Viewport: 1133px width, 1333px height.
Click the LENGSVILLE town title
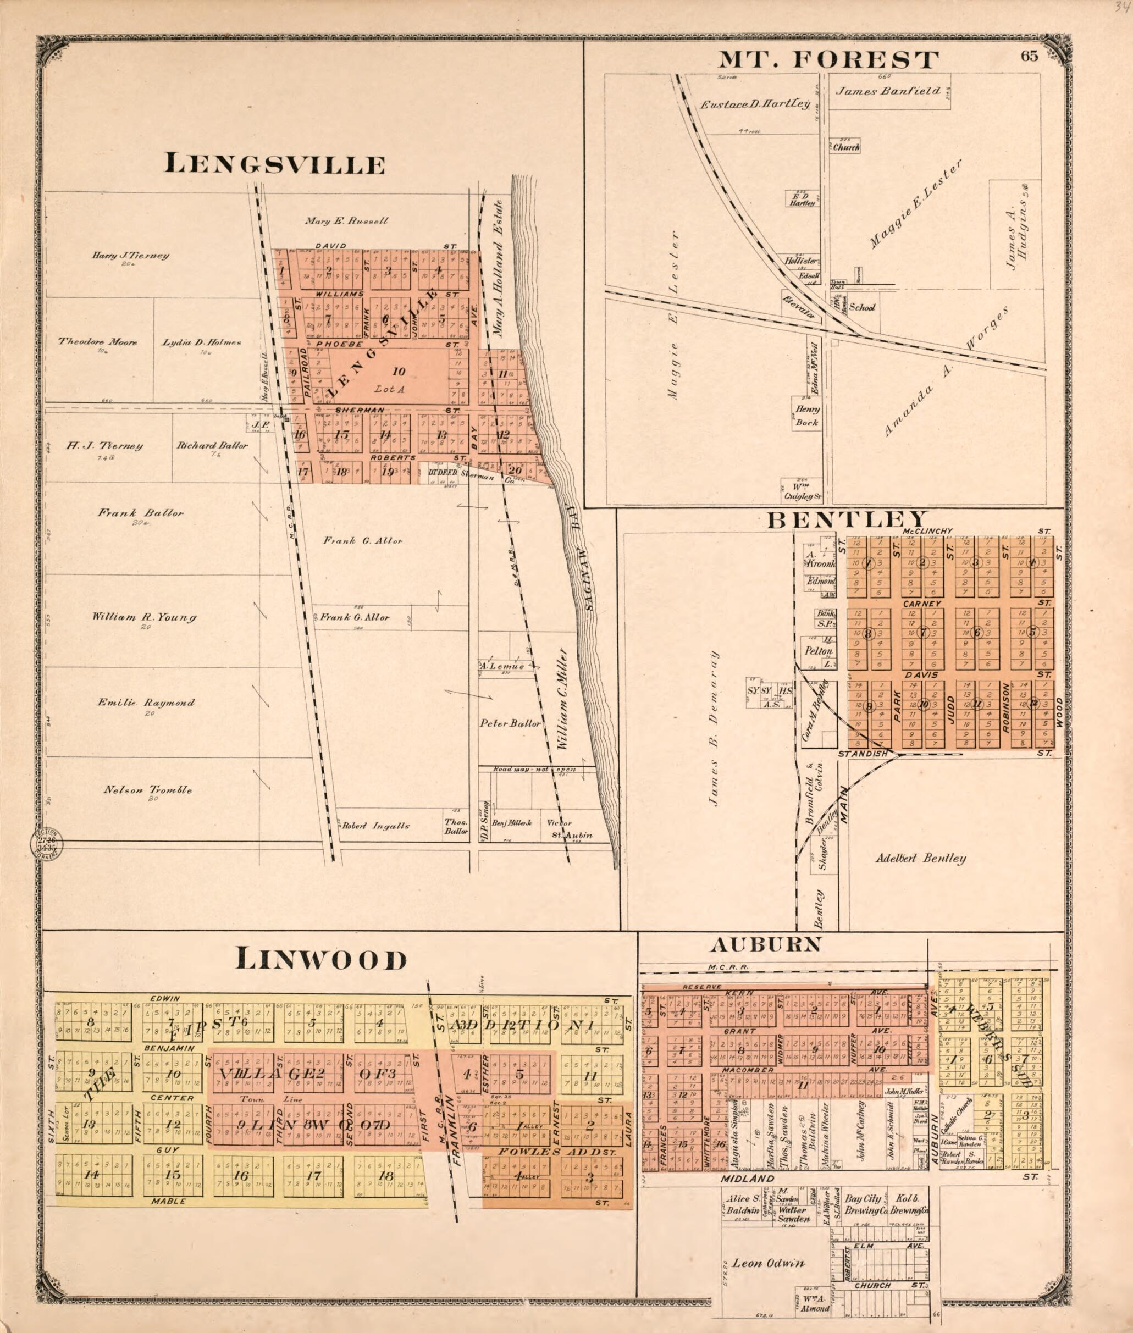(275, 165)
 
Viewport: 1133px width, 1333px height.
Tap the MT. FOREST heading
(828, 60)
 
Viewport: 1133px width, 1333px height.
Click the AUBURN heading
(766, 944)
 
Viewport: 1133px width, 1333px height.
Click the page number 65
(1029, 57)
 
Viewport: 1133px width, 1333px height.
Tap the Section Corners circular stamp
(45, 849)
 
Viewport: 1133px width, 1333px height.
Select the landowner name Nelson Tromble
(148, 790)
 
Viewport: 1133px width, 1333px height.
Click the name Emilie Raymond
(146, 703)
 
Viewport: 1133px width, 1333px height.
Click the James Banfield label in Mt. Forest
(888, 91)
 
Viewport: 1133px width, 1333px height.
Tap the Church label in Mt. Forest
(847, 147)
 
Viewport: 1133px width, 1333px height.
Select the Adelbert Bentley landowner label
(921, 858)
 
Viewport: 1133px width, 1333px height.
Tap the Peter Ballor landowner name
(511, 723)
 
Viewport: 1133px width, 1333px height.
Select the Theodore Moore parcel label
(98, 342)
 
